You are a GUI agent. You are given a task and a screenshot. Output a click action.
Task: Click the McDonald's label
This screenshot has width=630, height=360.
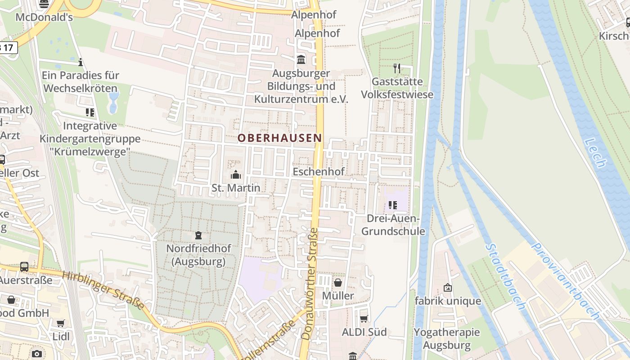pyautogui.click(x=44, y=18)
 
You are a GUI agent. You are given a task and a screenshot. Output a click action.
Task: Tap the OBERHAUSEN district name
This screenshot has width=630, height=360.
pyautogui.click(x=280, y=138)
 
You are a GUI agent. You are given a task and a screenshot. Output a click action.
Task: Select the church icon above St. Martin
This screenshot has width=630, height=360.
pyautogui.click(x=235, y=175)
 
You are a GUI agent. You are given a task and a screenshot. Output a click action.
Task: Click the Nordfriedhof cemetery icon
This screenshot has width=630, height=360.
pyautogui.click(x=198, y=235)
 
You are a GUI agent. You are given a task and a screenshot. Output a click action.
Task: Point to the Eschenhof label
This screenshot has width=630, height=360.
pyautogui.click(x=318, y=171)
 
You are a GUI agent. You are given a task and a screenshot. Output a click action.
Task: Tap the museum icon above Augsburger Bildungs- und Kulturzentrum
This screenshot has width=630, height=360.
pyautogui.click(x=301, y=59)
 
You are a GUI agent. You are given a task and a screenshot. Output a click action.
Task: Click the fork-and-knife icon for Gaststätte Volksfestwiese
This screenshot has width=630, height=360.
pyautogui.click(x=397, y=68)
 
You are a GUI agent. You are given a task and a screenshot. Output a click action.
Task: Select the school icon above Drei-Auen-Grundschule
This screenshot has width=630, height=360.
pyautogui.click(x=392, y=205)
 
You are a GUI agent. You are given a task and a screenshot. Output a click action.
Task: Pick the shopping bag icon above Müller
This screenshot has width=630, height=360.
pyautogui.click(x=338, y=283)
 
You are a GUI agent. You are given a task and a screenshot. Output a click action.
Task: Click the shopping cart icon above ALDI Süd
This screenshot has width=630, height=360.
pyautogui.click(x=364, y=319)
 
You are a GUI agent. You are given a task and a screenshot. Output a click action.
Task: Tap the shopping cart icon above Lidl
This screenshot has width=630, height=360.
pyautogui.click(x=61, y=323)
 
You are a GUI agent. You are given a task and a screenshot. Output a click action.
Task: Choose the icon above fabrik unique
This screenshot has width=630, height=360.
pyautogui.click(x=448, y=287)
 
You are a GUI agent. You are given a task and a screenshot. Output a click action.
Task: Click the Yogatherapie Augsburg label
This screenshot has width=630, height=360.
pyautogui.click(x=447, y=339)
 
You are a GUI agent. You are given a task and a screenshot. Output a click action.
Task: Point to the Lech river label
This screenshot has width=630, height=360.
pyautogui.click(x=595, y=153)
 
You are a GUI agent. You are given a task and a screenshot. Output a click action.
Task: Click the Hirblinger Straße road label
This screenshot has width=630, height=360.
pyautogui.click(x=104, y=291)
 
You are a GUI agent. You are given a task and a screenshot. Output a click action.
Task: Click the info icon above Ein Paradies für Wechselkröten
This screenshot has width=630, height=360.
pyautogui.click(x=81, y=62)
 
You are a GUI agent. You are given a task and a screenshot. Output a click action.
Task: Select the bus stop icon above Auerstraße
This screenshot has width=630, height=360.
pyautogui.click(x=24, y=267)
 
